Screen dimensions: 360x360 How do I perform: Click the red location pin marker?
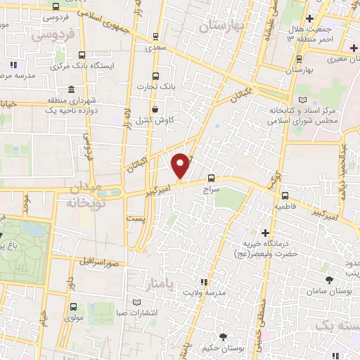(x=181, y=165)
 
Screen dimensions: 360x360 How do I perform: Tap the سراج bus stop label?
(x=212, y=190)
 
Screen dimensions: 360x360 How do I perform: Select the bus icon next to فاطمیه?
(x=285, y=196)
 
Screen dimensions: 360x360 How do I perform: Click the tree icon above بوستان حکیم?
(x=224, y=337)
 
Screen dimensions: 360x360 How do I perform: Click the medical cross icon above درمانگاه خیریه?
(x=265, y=233)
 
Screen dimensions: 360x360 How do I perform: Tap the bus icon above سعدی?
(x=155, y=36)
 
